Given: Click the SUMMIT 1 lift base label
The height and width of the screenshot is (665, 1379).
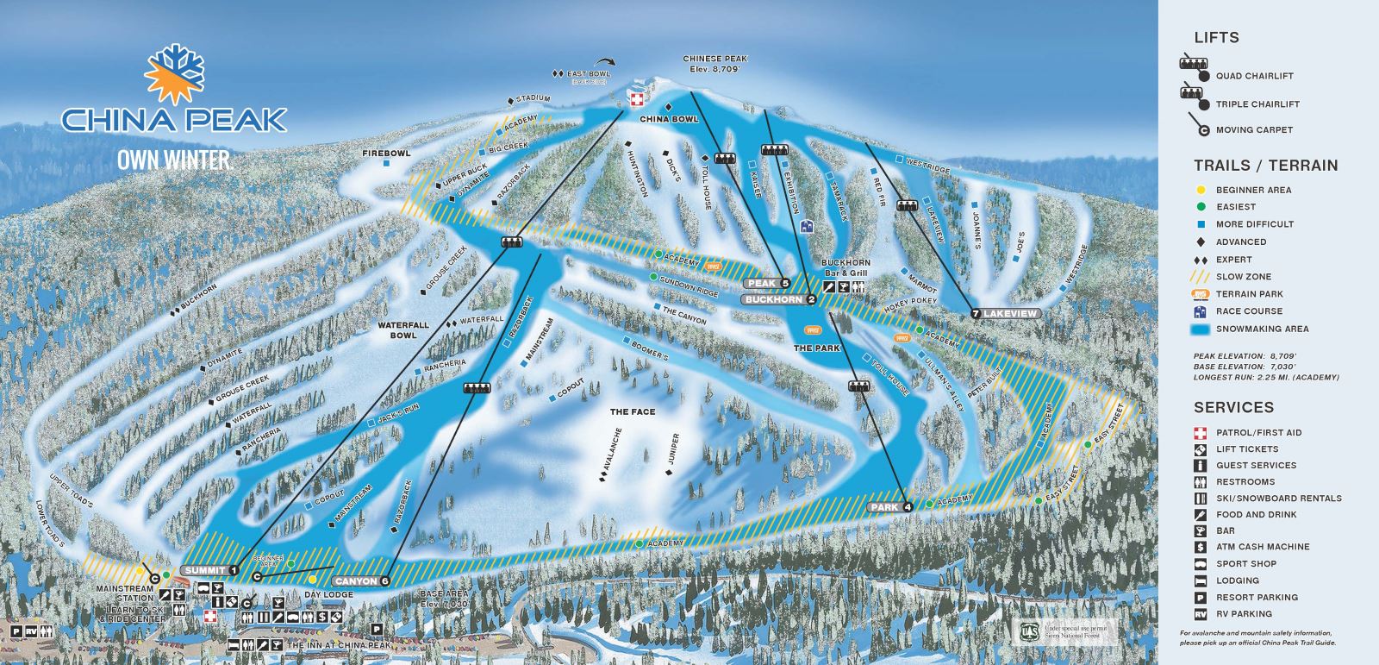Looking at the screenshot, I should pyautogui.click(x=210, y=570).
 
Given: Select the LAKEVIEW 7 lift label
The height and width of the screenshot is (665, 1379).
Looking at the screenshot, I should pyautogui.click(x=1005, y=313).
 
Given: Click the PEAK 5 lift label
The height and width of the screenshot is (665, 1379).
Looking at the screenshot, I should pyautogui.click(x=768, y=283).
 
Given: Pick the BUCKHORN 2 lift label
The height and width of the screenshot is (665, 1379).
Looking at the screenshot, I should pyautogui.click(x=780, y=299).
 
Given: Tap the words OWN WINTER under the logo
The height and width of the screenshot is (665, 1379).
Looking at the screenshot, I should pyautogui.click(x=174, y=160).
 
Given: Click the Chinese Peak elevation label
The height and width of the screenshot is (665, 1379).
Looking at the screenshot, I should pyautogui.click(x=712, y=63).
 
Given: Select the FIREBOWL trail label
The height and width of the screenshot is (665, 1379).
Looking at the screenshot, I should pyautogui.click(x=385, y=153).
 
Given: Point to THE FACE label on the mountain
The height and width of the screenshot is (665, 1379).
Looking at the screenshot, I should pyautogui.click(x=633, y=411).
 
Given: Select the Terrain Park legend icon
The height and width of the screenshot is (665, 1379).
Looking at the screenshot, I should pyautogui.click(x=1200, y=294).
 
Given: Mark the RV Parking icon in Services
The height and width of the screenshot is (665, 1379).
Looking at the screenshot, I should pyautogui.click(x=1200, y=614).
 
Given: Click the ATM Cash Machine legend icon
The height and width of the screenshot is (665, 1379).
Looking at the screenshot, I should pyautogui.click(x=1200, y=547).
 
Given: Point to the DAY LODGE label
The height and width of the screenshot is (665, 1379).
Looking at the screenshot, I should pyautogui.click(x=328, y=595).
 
